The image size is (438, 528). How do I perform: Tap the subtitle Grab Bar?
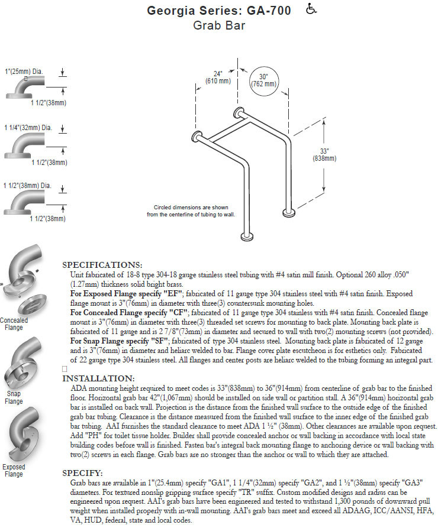point(219,26)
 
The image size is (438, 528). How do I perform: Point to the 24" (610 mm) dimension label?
point(218,77)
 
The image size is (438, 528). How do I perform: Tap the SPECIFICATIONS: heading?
point(102,264)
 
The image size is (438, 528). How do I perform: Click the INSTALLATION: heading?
point(98,378)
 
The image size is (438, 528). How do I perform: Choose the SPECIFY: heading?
point(82,473)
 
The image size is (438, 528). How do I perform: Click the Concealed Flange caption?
point(14,323)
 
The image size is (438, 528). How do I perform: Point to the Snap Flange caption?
point(14,397)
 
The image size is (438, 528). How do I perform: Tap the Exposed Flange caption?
point(14,471)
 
